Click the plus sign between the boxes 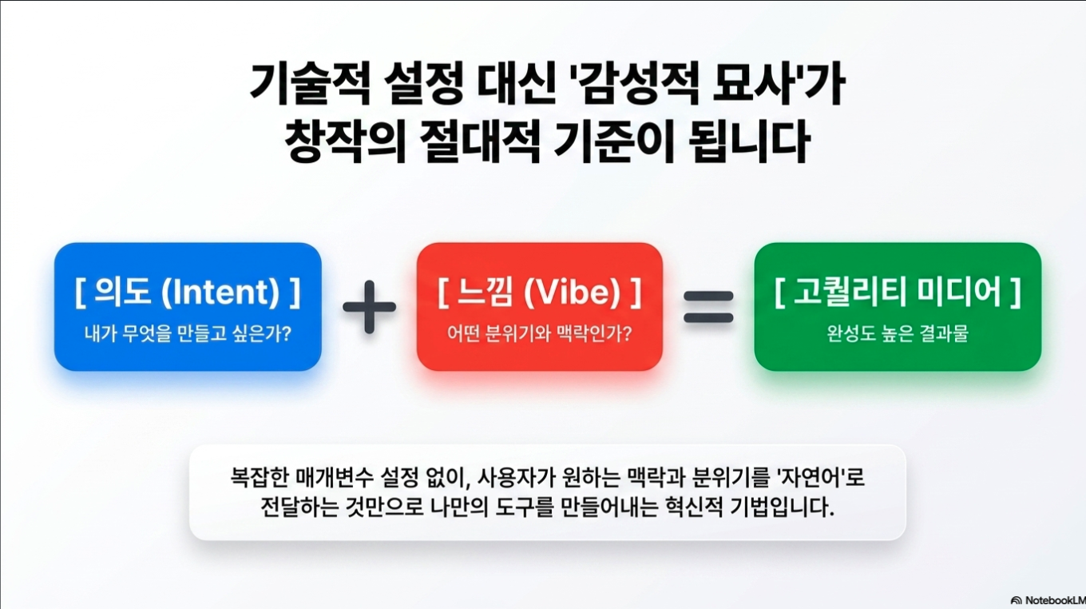[370, 307]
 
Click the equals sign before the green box [708, 307]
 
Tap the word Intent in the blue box [220, 293]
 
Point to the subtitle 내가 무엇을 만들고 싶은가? [188, 333]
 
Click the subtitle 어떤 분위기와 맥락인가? [539, 333]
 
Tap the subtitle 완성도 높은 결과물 [898, 333]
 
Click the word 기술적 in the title [311, 83]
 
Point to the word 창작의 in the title [345, 141]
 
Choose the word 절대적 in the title [480, 141]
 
